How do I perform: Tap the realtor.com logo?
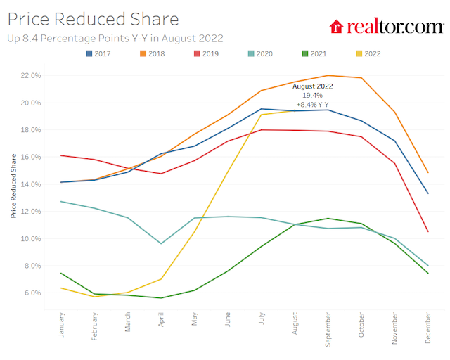386,27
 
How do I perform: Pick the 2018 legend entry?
152,53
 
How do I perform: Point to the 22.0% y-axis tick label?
32,75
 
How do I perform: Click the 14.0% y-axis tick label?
32,184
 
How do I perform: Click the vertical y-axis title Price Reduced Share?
13,184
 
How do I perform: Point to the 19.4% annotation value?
313,95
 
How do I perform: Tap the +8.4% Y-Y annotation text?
313,104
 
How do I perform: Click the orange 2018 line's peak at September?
328,75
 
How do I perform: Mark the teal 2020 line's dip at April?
161,243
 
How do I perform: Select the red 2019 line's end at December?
427,231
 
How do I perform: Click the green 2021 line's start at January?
62,273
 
